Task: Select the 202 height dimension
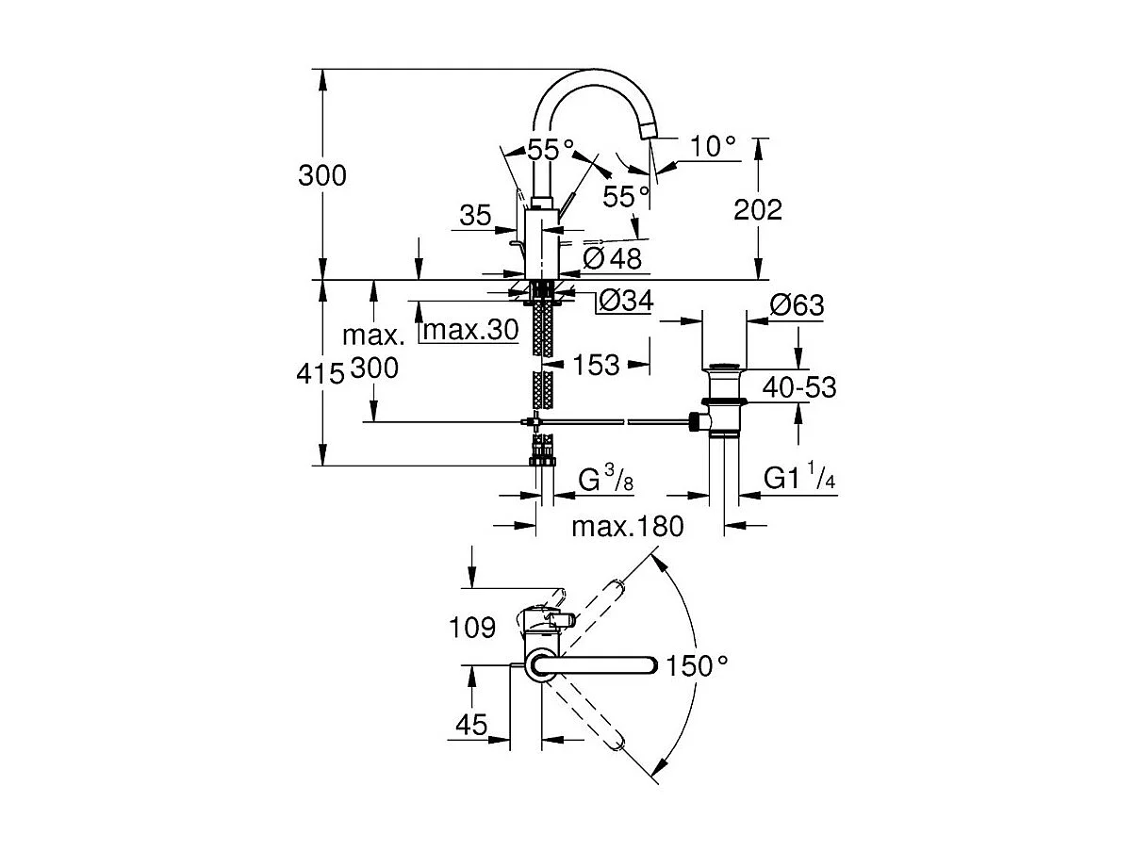(x=758, y=209)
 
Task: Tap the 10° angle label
(x=711, y=146)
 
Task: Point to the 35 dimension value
(x=476, y=216)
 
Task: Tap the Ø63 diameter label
(x=797, y=305)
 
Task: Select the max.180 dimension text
(x=627, y=526)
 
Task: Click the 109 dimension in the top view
(x=473, y=627)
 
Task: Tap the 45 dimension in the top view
(x=470, y=725)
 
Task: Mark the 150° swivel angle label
(x=697, y=665)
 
